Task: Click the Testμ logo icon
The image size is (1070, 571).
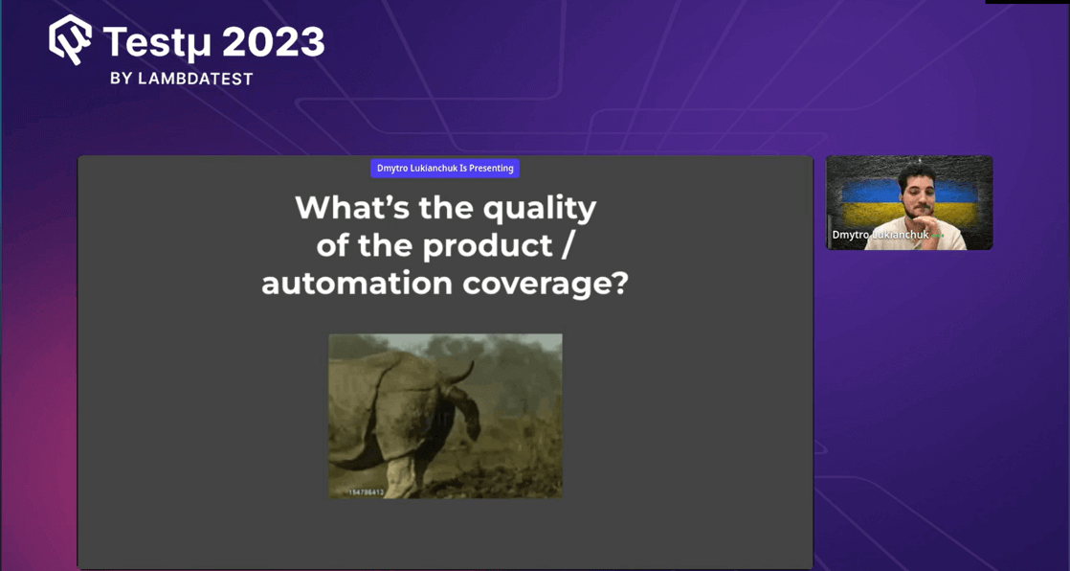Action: point(71,40)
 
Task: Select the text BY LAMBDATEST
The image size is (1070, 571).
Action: point(182,79)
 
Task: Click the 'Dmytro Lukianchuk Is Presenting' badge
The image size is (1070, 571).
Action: point(445,169)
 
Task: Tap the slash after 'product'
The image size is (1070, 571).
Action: point(567,246)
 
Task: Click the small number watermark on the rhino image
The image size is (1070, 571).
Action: point(366,492)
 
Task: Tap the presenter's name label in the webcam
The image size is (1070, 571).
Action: point(880,235)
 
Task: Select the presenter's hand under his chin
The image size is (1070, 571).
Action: point(923,230)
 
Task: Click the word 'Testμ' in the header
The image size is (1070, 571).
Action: point(159,43)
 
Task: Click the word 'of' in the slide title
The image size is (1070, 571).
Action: point(332,246)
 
